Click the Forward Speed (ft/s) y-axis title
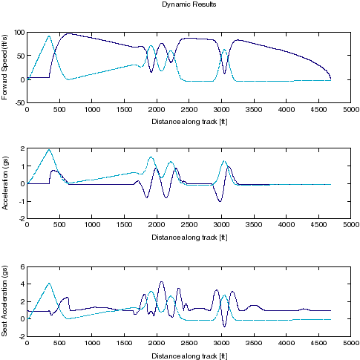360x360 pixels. tap(6, 67)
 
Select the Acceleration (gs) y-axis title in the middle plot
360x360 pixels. tap(6, 183)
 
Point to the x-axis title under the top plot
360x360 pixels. tap(189, 121)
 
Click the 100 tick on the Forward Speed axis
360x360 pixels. tap(18, 33)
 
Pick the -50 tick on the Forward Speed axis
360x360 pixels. tap(18, 102)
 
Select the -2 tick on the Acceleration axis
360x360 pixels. tap(21, 218)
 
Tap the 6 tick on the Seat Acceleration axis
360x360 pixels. tap(22, 266)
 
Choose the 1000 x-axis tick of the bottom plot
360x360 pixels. tap(92, 342)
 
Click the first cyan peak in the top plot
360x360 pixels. tap(49, 36)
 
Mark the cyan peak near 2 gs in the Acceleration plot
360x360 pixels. tap(49, 150)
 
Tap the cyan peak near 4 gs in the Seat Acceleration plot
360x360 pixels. tap(49, 283)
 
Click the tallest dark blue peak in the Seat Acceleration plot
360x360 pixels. tap(161, 282)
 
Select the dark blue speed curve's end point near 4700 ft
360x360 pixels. tap(330, 79)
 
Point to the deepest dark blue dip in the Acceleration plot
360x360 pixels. tap(220, 201)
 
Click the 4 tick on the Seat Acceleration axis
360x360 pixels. tap(22, 284)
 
